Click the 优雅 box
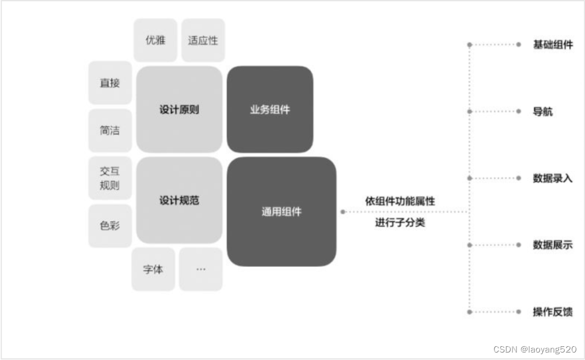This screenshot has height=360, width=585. coord(155,40)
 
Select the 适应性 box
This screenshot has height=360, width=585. coord(203,40)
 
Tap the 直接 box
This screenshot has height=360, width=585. coord(110,83)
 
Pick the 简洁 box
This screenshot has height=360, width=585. coord(110,130)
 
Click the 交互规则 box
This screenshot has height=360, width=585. coord(110,179)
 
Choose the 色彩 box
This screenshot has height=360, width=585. coord(110,226)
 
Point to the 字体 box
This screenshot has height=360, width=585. coord(153,269)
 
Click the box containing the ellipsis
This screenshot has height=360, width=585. coord(200,269)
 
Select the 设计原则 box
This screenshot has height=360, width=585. coord(179,109)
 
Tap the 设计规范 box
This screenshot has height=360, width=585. coord(179,200)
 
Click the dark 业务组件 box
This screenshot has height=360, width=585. coord(270,109)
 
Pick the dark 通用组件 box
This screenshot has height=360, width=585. coord(282,211)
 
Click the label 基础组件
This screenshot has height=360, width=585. coord(553,44)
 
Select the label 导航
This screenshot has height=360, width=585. coord(543,111)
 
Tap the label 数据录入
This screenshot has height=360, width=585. coord(553,178)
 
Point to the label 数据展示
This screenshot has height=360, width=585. coord(553,245)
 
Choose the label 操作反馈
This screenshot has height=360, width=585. coord(553,312)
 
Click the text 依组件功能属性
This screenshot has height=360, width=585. coord(400,201)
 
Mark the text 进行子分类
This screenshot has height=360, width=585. coord(400,222)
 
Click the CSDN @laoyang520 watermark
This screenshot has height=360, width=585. coord(535,349)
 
